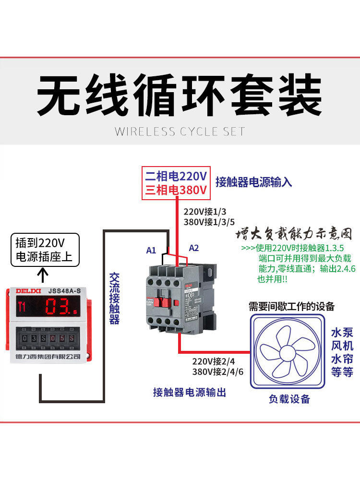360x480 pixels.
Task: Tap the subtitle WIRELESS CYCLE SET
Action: coord(180,132)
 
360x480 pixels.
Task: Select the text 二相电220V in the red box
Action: coord(176,176)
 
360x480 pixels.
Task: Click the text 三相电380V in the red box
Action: coord(176,191)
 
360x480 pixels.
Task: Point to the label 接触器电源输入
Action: coord(253,182)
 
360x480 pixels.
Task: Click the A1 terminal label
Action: coord(151,250)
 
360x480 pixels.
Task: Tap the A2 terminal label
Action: coord(193,248)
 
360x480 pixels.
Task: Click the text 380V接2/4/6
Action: coord(218,372)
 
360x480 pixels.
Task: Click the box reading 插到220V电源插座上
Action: coord(44,249)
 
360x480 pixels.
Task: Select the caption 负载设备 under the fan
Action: coord(289,399)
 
